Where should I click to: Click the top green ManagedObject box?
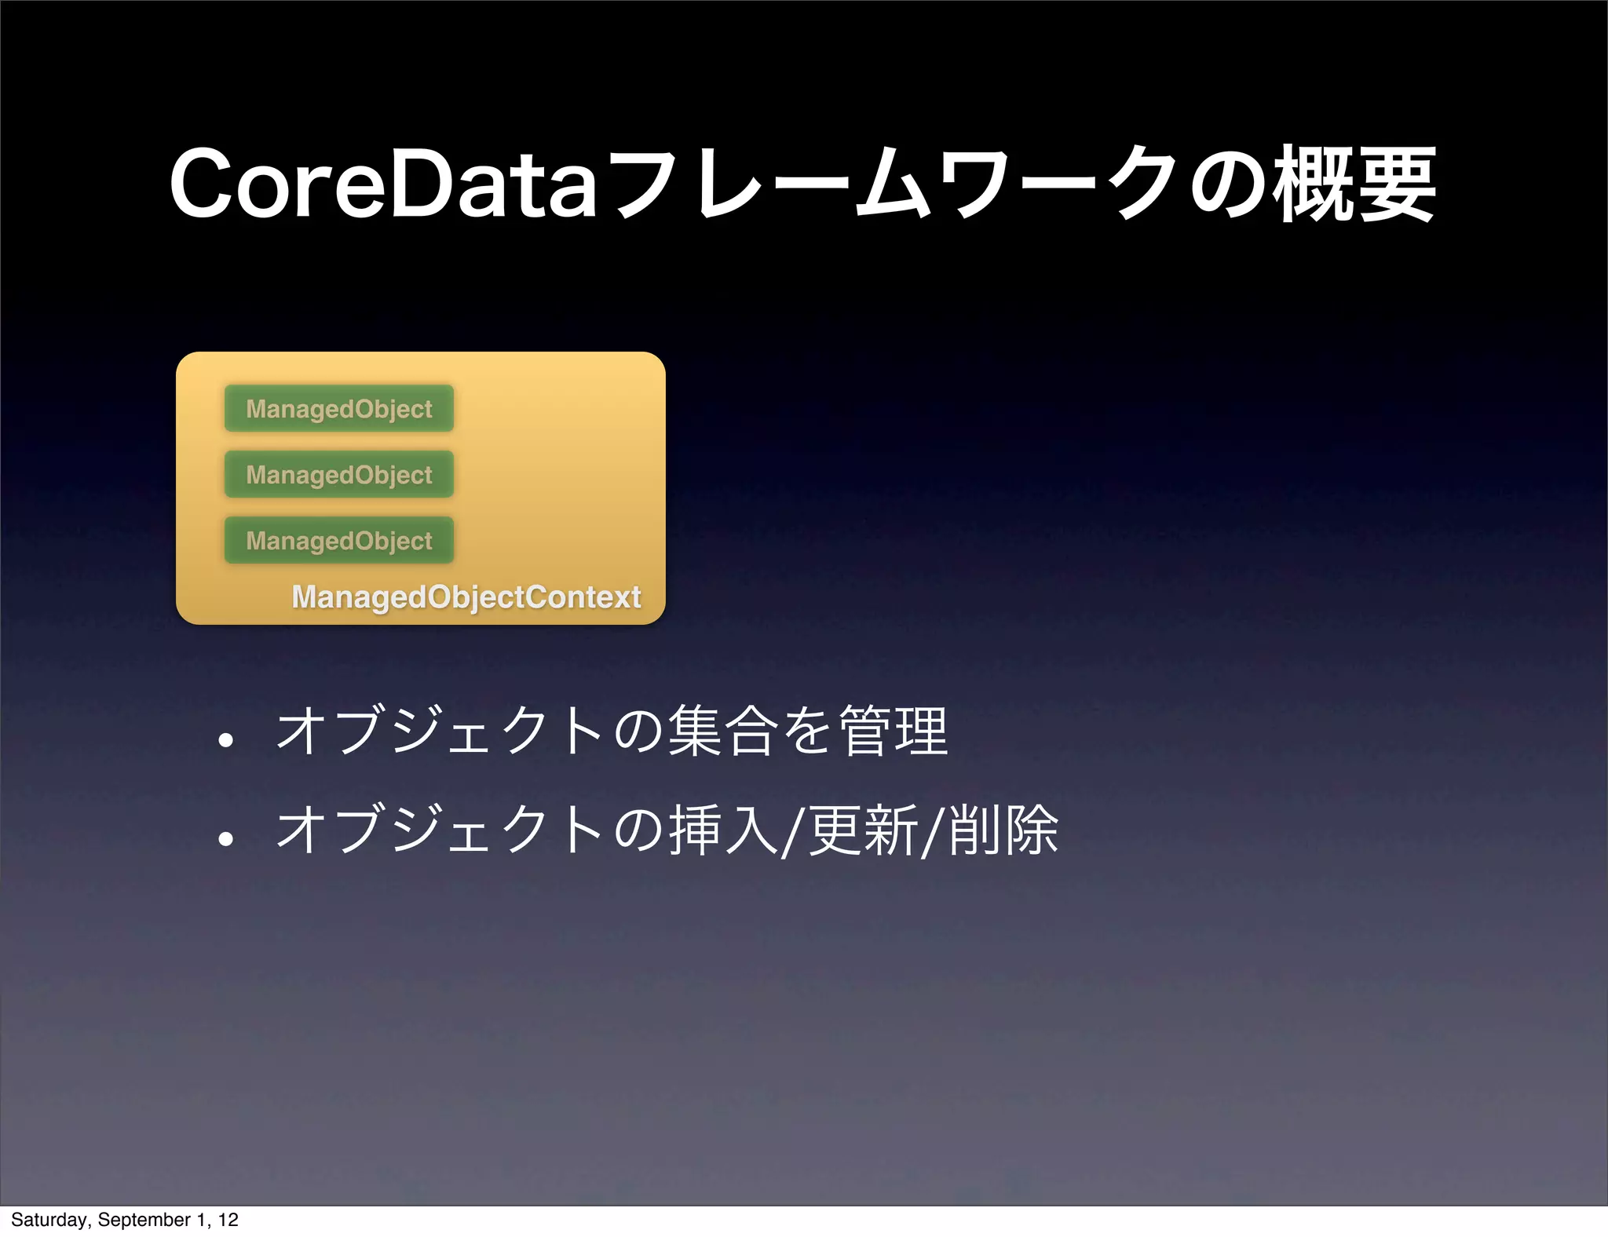point(339,408)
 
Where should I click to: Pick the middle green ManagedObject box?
point(339,474)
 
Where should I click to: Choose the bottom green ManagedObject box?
point(339,540)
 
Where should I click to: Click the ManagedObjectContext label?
point(466,597)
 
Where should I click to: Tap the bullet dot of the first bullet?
point(226,740)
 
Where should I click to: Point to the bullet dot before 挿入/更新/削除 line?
point(226,839)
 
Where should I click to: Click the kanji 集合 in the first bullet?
point(722,731)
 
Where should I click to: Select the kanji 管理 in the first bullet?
point(894,731)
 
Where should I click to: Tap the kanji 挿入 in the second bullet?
point(723,830)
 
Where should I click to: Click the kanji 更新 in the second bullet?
point(863,830)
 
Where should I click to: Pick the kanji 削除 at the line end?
point(1003,830)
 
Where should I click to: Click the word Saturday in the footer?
point(49,1220)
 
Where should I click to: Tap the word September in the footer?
point(144,1220)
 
